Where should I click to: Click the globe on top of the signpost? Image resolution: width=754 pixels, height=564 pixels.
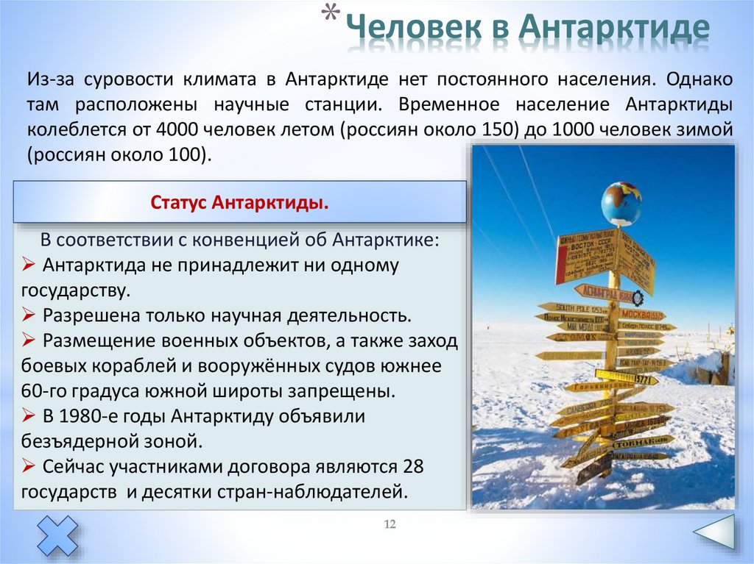point(621,203)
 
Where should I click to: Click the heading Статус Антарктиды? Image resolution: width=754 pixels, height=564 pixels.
point(239,202)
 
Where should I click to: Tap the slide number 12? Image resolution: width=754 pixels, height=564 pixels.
point(390,524)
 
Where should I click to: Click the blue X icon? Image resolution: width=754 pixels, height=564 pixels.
point(57,535)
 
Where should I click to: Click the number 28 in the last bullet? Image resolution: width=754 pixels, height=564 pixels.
point(414,466)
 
